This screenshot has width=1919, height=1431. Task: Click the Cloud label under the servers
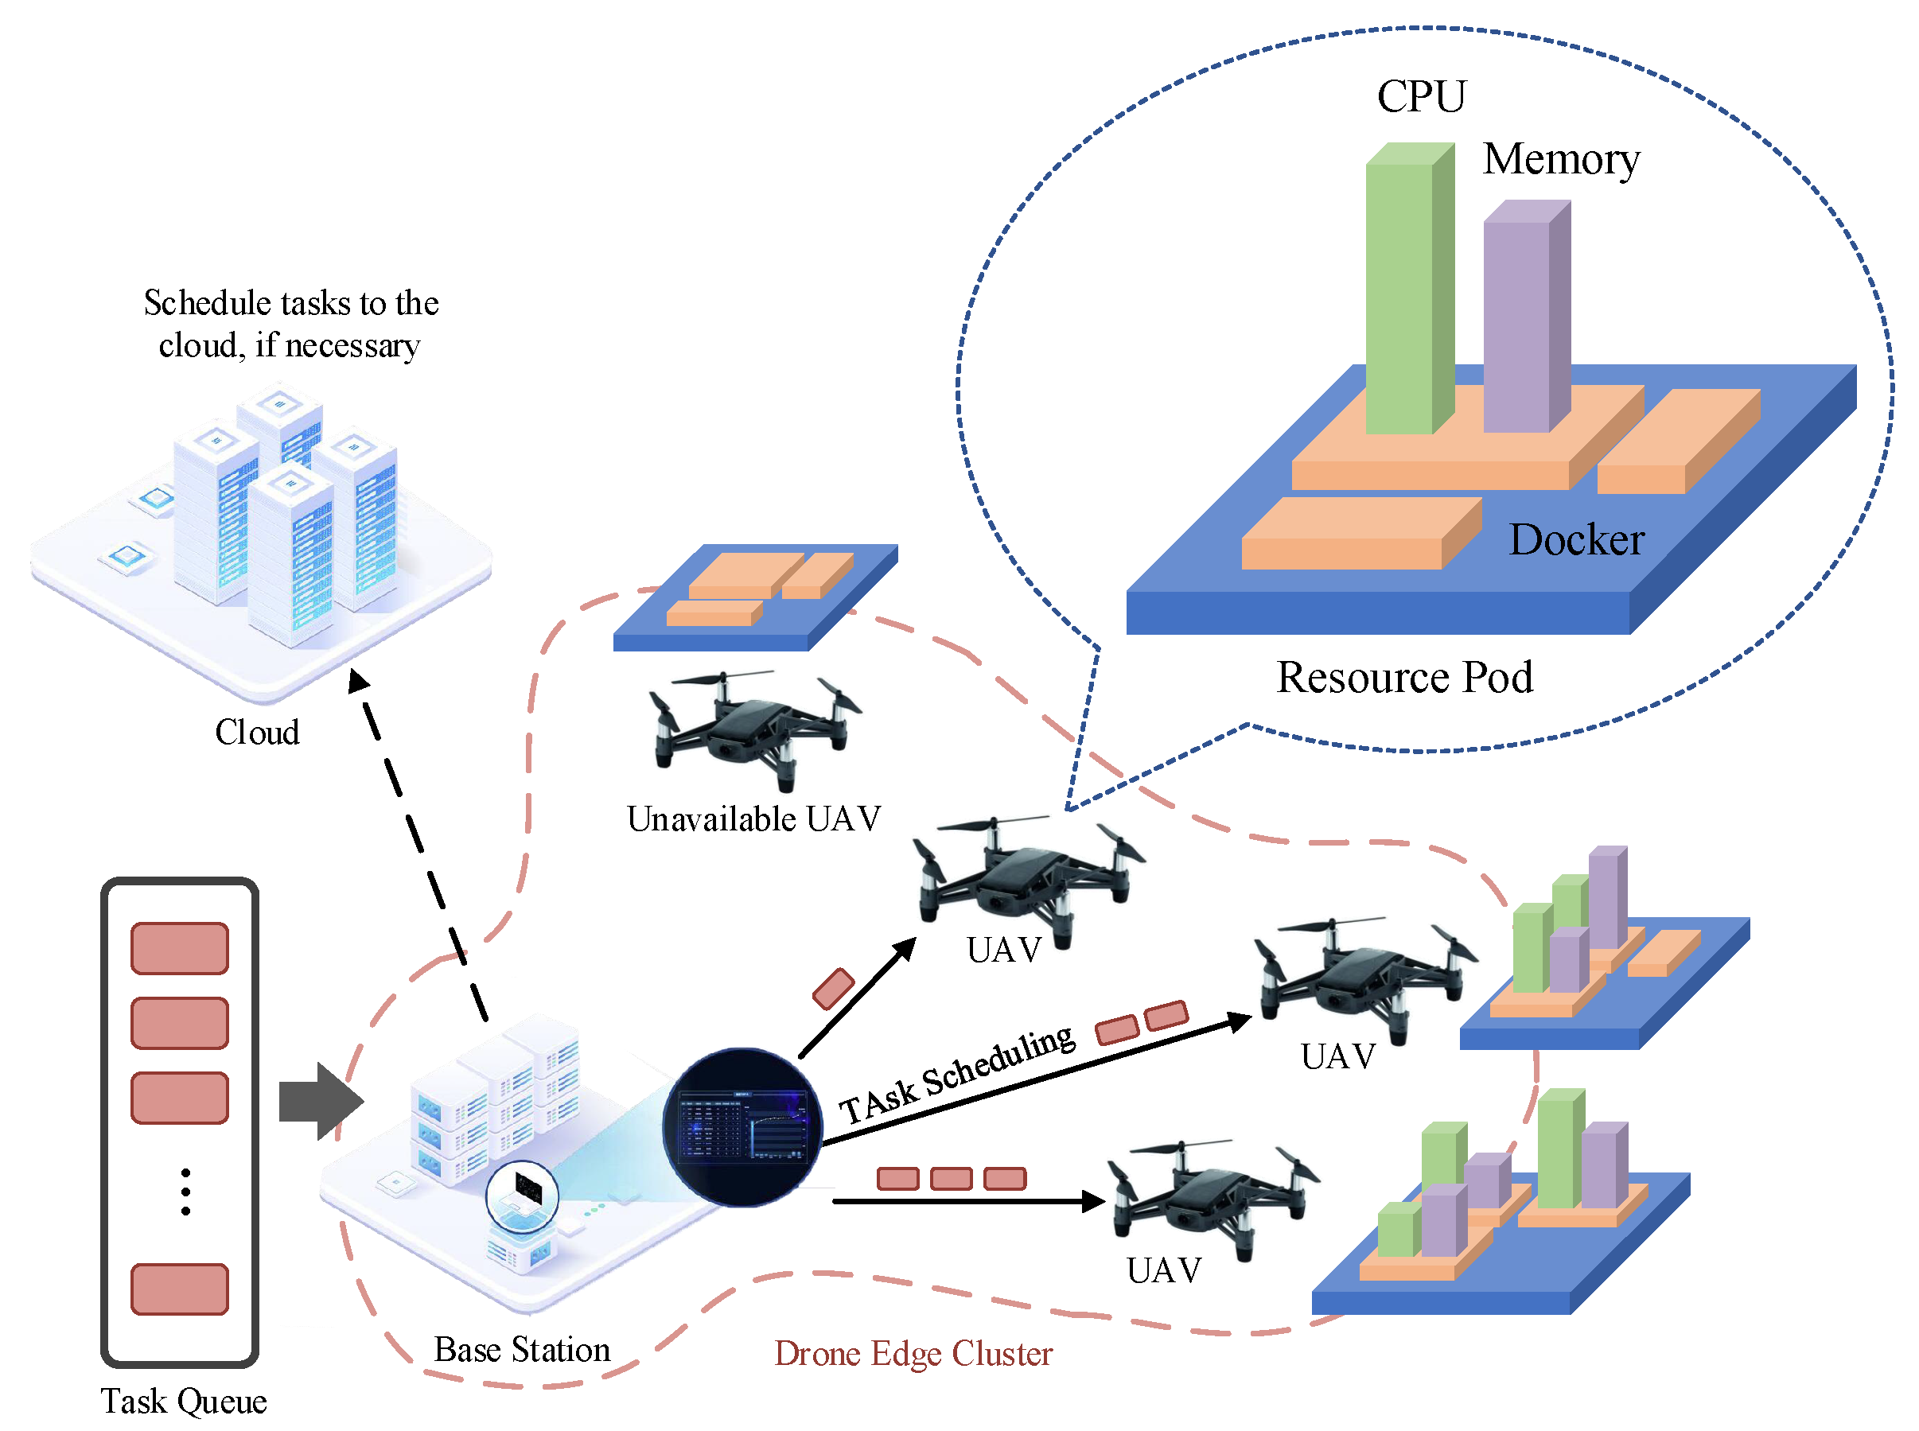tap(257, 733)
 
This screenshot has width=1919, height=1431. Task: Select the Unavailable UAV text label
tap(753, 819)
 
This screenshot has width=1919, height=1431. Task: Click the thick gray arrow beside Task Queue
tap(321, 1101)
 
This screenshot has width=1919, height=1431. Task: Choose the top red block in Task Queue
tap(179, 948)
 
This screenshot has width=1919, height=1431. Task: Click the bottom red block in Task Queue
tap(179, 1289)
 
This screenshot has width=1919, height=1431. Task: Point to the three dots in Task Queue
tap(185, 1192)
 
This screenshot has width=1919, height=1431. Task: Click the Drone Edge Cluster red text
tap(913, 1354)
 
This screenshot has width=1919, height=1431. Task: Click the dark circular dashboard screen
tap(742, 1127)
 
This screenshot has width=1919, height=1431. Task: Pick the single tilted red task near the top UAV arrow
tap(834, 989)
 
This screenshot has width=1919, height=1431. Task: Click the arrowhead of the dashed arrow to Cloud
tap(358, 681)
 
